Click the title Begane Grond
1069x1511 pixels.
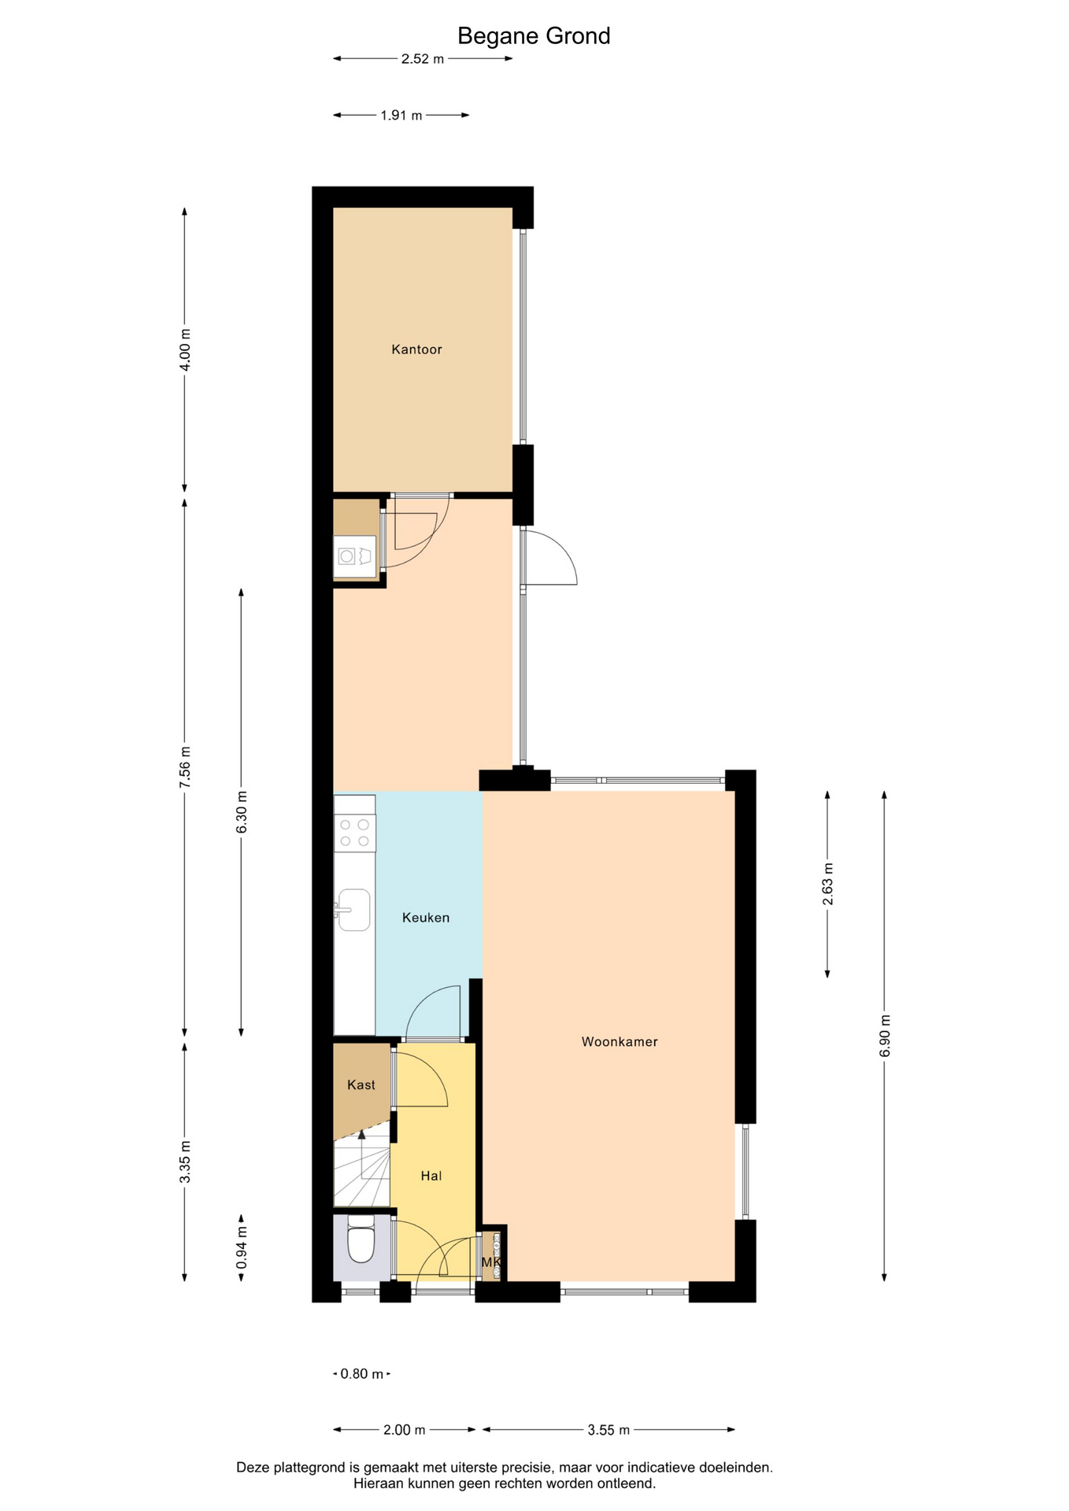coord(534,36)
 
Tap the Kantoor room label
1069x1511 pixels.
coord(416,349)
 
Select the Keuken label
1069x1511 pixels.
coord(426,918)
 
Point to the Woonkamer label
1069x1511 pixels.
coord(620,1042)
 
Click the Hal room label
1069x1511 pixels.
coord(431,1176)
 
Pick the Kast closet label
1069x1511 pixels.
coord(361,1085)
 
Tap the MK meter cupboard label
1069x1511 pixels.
coord(491,1262)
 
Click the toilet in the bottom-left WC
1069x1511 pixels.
coord(361,1239)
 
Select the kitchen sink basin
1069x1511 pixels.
coord(354,910)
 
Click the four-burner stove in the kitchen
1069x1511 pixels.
coord(355,833)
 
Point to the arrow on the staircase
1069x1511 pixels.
coord(362,1154)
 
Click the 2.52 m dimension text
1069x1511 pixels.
coord(423,59)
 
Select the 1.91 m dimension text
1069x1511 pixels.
coord(401,116)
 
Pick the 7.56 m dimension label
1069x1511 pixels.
coord(185,767)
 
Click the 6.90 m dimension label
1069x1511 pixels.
coord(885,1036)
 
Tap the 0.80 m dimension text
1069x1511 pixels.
coord(362,1374)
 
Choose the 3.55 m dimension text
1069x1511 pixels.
coord(608,1430)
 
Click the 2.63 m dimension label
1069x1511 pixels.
coord(828,884)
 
